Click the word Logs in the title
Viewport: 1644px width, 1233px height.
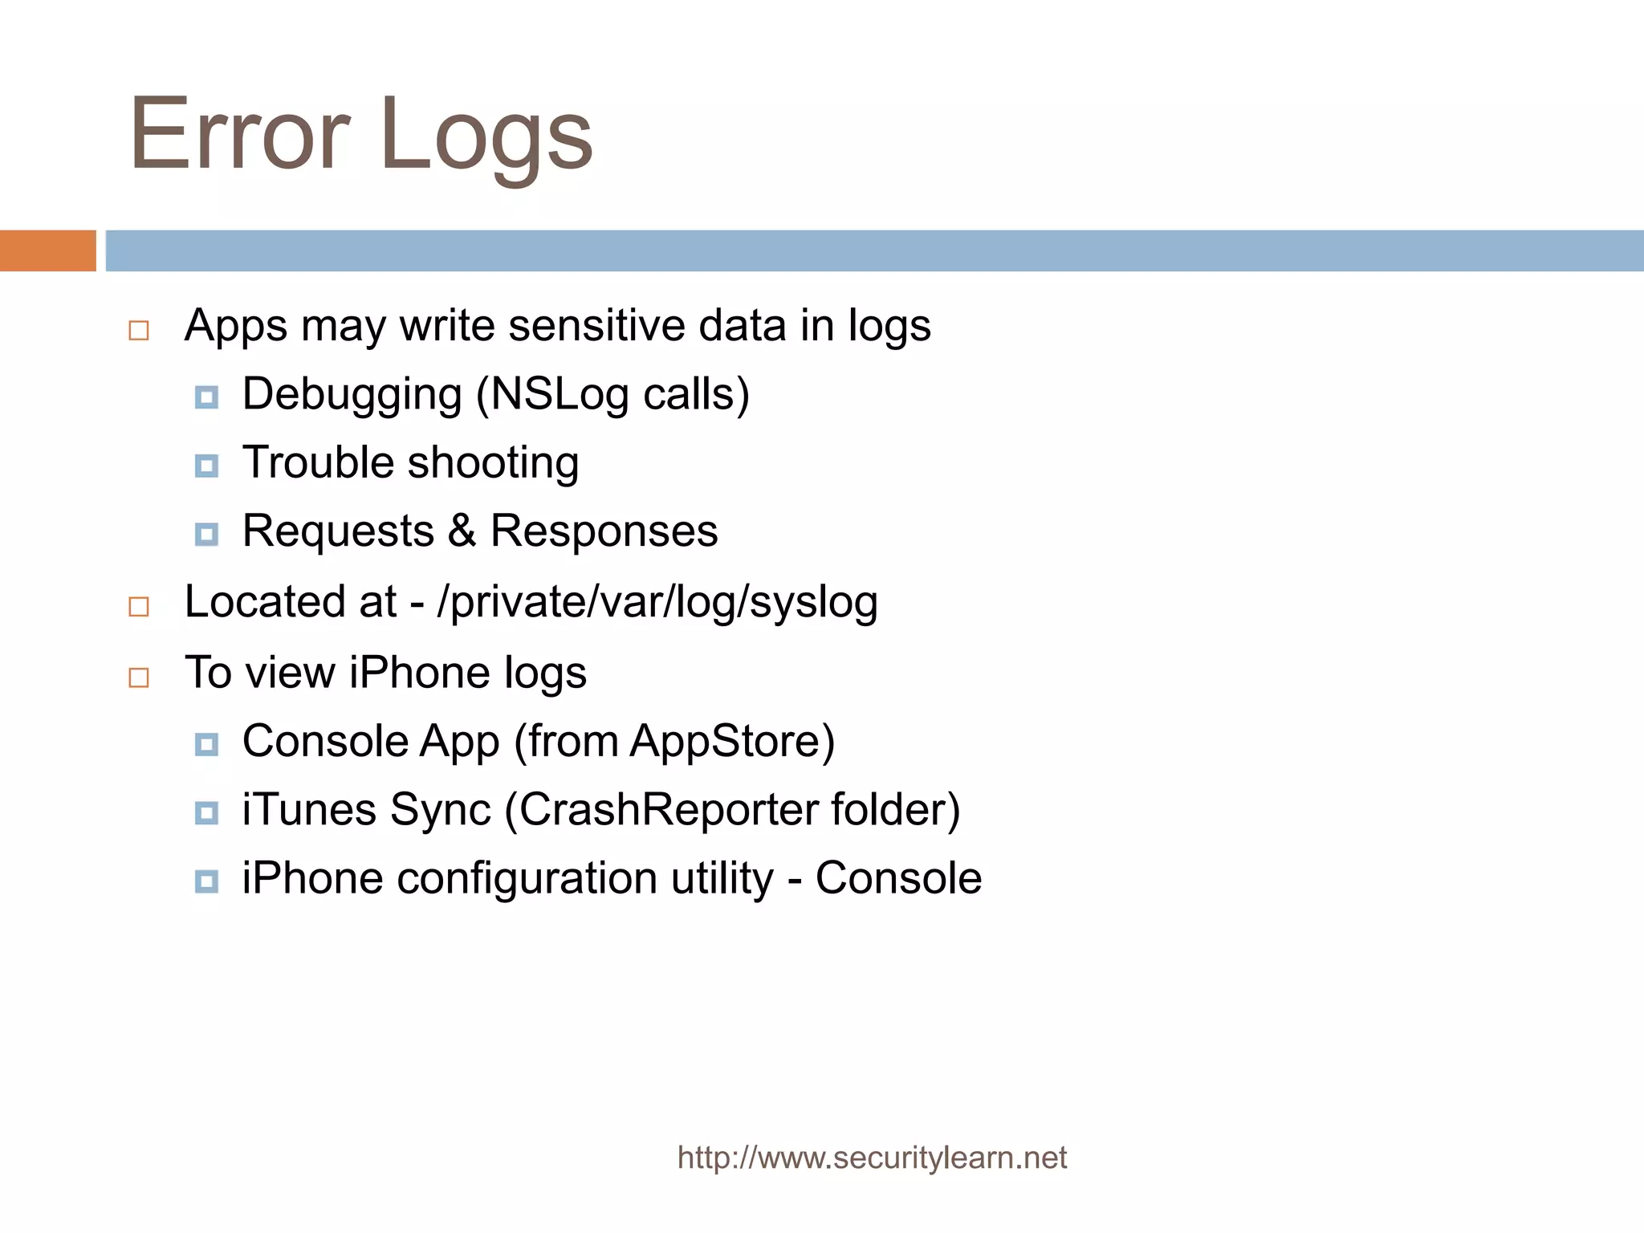point(486,136)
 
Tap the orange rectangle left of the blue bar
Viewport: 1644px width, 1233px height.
point(47,250)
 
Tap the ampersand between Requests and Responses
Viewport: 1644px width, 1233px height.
point(462,531)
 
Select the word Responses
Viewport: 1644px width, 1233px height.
point(604,531)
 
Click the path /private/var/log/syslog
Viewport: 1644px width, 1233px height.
point(657,603)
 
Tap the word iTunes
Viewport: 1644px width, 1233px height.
point(309,809)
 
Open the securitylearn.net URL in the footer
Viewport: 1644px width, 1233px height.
point(872,1158)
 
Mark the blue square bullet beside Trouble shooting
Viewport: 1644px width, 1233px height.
point(206,466)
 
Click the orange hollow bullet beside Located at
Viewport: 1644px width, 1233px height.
point(139,607)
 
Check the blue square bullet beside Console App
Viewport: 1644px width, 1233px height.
point(206,744)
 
